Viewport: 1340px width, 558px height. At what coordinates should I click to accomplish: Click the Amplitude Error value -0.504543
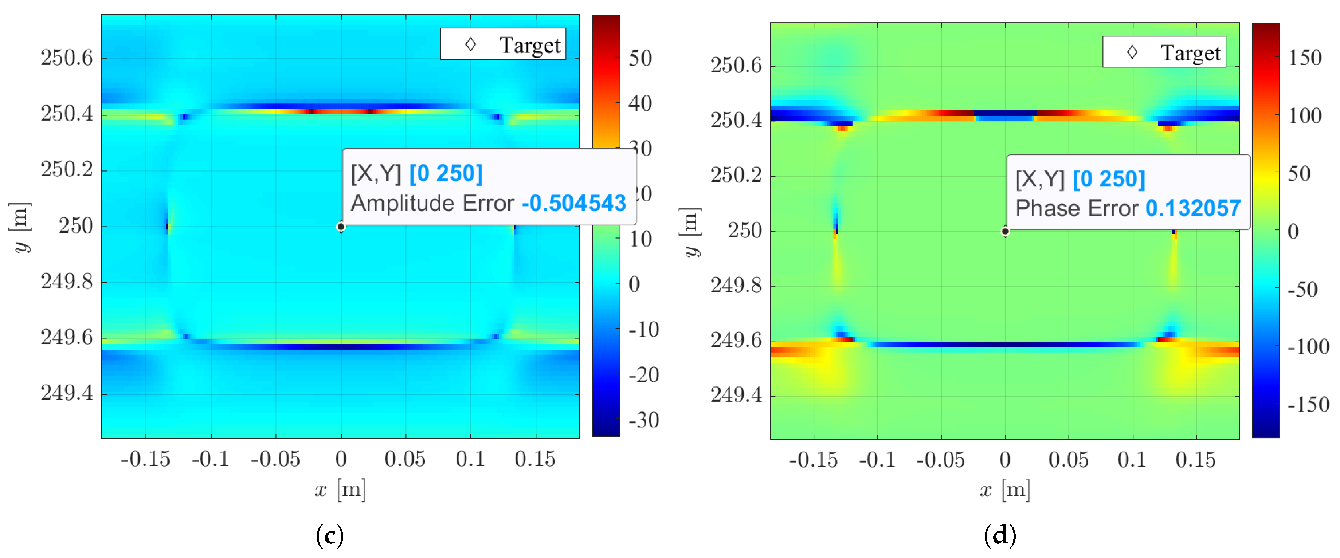[x=574, y=203]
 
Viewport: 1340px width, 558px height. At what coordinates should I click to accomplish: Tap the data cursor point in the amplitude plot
[x=341, y=227]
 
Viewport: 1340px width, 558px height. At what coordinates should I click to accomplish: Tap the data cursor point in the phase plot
[x=1005, y=231]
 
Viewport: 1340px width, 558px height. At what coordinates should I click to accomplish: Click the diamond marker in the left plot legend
[x=471, y=45]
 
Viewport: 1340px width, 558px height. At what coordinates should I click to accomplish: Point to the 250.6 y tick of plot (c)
[x=67, y=58]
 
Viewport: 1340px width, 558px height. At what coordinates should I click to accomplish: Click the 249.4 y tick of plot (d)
[x=736, y=395]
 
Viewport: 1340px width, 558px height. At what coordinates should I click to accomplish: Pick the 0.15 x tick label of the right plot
[x=1195, y=460]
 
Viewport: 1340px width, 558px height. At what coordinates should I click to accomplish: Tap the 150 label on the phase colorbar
[x=1305, y=58]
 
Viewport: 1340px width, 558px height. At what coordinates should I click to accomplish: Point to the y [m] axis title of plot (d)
[x=691, y=231]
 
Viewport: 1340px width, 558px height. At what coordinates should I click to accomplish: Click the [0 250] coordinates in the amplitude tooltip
[x=446, y=173]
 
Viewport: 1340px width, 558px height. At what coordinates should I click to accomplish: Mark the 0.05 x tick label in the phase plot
[x=1069, y=460]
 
